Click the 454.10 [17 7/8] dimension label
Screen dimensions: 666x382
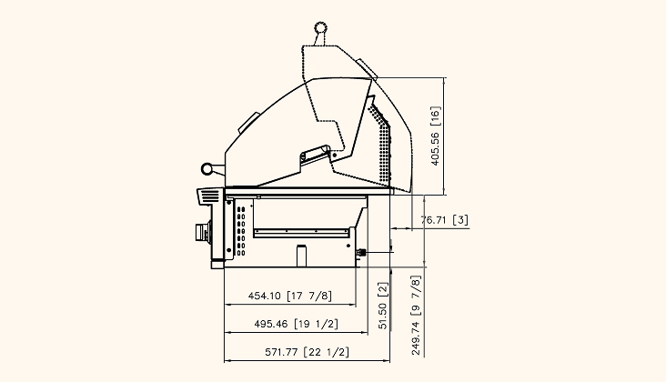pyautogui.click(x=289, y=296)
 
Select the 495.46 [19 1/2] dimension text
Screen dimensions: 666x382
pyautogui.click(x=296, y=324)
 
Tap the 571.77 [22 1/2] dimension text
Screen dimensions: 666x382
pyautogui.click(x=308, y=352)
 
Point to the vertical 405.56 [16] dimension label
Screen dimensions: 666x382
pyautogui.click(x=436, y=136)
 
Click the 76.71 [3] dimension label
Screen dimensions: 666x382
pyautogui.click(x=444, y=220)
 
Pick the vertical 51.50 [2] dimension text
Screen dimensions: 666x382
pyautogui.click(x=383, y=306)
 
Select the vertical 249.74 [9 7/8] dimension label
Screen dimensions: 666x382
pyautogui.click(x=416, y=316)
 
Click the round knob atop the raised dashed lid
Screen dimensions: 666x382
pyautogui.click(x=320, y=28)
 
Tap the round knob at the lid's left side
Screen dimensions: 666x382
pyautogui.click(x=207, y=169)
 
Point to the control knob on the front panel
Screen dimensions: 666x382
pyautogui.click(x=203, y=232)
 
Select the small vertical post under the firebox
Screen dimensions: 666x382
pyautogui.click(x=301, y=256)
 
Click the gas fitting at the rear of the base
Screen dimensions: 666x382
pyautogui.click(x=361, y=253)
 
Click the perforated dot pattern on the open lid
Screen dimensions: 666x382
pyautogui.click(x=380, y=140)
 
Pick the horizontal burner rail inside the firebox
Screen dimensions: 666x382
pyautogui.click(x=302, y=233)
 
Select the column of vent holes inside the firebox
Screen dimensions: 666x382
pyautogui.click(x=241, y=231)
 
